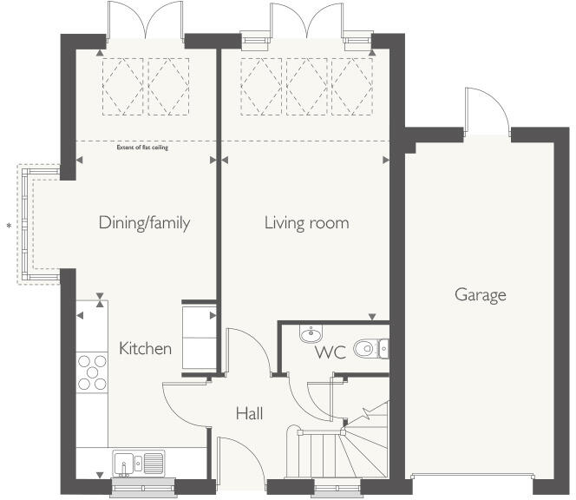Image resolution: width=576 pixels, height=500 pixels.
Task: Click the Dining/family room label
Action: coord(144,223)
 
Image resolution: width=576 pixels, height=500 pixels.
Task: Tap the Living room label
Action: coord(306,223)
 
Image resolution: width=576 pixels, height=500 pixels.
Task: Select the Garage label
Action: coord(480,295)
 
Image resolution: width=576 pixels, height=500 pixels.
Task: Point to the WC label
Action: coord(331,352)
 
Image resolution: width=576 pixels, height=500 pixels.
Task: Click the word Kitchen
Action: coord(145,349)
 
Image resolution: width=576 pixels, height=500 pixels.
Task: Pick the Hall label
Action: coord(249,414)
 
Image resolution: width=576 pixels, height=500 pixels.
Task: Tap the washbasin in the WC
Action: coord(311,335)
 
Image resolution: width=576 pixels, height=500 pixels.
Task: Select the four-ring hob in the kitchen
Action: coord(91,372)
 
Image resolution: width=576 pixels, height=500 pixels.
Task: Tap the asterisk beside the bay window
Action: coord(10,227)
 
